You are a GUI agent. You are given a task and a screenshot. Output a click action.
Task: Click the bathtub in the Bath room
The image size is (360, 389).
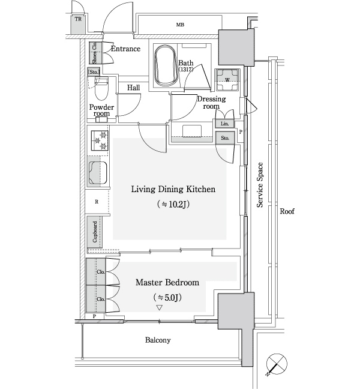click(x=166, y=66)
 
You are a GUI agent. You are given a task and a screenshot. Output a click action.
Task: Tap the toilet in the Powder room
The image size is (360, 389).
click(x=101, y=89)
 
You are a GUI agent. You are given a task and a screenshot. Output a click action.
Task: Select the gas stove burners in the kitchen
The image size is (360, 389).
click(x=100, y=140)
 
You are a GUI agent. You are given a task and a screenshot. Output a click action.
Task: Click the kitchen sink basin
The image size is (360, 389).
click(x=97, y=173)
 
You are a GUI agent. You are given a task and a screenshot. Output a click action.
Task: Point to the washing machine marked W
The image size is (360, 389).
click(x=227, y=80)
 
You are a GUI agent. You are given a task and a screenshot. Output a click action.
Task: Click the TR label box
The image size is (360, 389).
click(x=78, y=19)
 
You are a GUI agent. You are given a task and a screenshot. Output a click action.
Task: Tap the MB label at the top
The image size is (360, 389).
click(x=180, y=25)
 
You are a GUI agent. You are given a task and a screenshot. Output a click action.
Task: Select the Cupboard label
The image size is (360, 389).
click(x=95, y=232)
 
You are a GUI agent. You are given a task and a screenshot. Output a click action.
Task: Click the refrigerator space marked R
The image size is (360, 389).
click(x=97, y=202)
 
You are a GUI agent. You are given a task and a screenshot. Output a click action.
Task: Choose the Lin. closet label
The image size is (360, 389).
click(x=224, y=124)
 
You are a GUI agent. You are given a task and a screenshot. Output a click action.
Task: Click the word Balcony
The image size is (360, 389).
click(x=158, y=340)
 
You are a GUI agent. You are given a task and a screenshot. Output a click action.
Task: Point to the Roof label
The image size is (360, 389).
click(x=287, y=211)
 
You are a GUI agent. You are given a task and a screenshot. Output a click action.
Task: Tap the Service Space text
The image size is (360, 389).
click(x=260, y=185)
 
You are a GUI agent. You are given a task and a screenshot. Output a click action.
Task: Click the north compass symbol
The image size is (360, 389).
click(x=277, y=364)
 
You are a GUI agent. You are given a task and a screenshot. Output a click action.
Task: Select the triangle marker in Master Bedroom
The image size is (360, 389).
click(x=159, y=308)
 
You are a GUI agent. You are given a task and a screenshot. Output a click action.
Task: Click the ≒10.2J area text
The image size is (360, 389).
click(x=173, y=204)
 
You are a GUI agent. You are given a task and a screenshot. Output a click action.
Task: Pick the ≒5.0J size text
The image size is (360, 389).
click(x=167, y=297)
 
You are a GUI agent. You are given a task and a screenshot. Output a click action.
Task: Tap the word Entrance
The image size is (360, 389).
click(x=126, y=49)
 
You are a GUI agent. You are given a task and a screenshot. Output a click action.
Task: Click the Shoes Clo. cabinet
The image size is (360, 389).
click(x=95, y=53)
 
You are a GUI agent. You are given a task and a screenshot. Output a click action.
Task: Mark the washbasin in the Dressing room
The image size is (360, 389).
click(x=192, y=131)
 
